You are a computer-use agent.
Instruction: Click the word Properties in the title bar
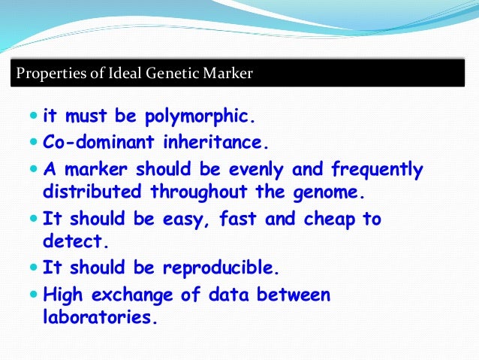(x=46, y=74)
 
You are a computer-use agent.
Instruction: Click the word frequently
(x=373, y=169)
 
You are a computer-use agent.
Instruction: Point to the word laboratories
(x=101, y=316)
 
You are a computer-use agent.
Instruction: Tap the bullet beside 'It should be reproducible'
(x=34, y=268)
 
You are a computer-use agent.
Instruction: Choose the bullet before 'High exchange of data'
(x=34, y=295)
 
